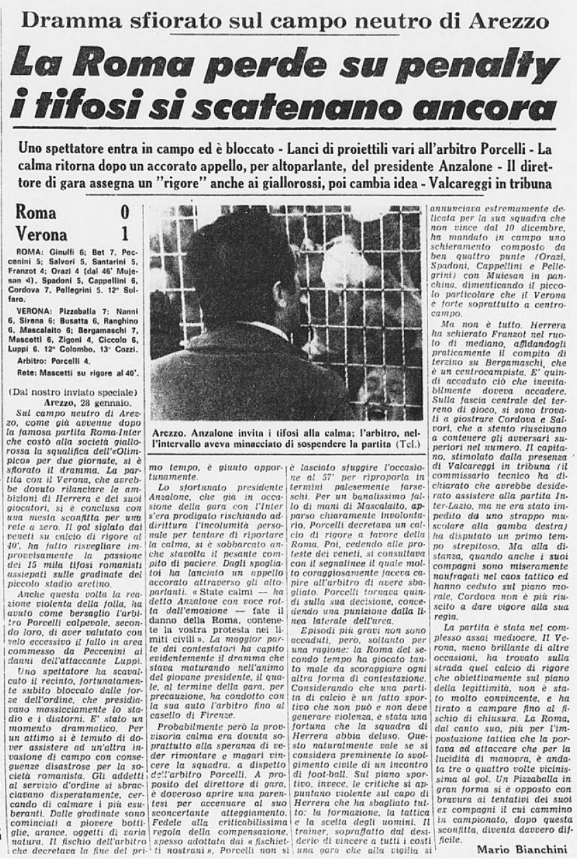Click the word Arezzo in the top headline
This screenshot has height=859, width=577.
pos(506,20)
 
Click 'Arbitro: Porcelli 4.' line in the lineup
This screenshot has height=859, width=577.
pos(58,360)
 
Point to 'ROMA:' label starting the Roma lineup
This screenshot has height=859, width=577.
pos(29,252)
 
